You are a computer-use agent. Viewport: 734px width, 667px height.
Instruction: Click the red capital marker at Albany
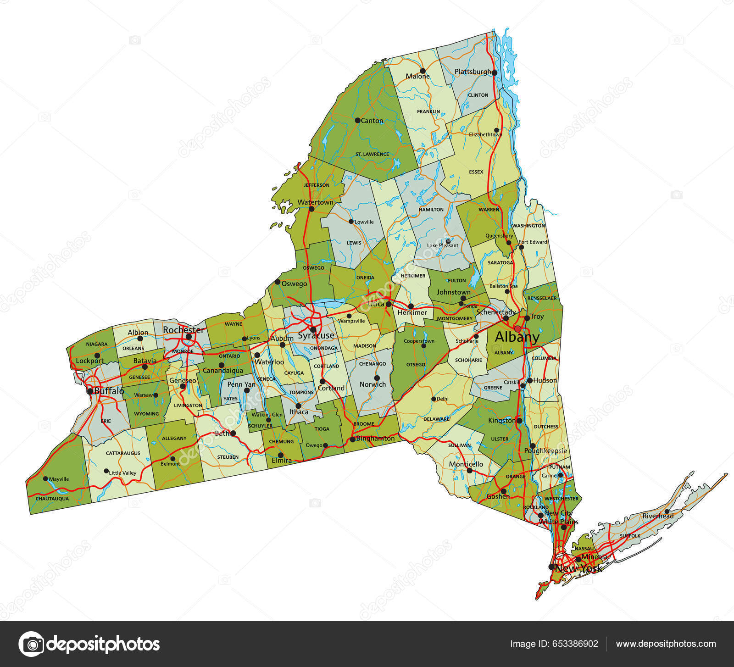518,329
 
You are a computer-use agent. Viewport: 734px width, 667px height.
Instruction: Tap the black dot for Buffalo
90,391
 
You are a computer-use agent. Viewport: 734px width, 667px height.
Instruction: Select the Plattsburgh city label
473,72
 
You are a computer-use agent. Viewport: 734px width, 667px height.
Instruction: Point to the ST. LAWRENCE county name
372,154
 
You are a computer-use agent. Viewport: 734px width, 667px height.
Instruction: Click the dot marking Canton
357,120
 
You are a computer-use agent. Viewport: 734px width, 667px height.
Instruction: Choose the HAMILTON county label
431,210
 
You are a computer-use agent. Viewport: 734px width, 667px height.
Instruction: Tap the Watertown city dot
311,209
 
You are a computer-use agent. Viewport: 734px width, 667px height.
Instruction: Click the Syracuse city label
316,336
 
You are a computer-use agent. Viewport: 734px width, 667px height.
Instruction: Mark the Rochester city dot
189,336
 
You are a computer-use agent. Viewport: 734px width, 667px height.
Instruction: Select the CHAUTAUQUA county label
52,499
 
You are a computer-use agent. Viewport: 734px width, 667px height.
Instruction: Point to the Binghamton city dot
352,439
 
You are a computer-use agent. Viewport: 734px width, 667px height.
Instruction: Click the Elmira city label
282,461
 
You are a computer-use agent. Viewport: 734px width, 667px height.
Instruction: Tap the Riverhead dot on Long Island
667,511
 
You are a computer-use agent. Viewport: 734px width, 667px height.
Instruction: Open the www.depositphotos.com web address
666,644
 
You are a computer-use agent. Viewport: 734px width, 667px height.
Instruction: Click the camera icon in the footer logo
32,644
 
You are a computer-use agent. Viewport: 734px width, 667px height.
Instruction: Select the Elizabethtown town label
485,135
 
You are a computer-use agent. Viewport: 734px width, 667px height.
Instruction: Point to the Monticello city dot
469,470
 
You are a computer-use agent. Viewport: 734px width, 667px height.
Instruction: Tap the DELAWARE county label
436,419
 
